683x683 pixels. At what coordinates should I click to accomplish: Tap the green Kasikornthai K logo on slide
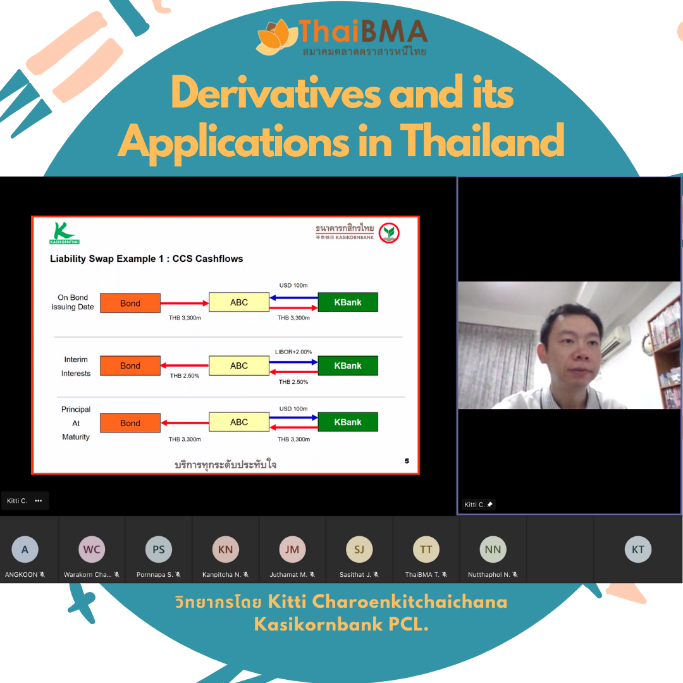point(64,233)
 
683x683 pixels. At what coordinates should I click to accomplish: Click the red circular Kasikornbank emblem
point(388,233)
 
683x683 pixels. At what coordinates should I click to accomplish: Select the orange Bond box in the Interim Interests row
point(130,366)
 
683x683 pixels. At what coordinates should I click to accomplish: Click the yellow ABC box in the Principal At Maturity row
point(239,422)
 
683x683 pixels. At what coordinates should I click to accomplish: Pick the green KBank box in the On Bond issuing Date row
point(348,302)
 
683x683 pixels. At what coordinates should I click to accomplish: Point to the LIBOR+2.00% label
point(293,352)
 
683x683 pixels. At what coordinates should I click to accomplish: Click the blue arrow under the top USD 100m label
point(293,298)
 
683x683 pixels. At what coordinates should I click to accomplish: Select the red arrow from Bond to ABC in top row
point(185,303)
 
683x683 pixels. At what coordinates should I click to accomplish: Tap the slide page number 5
point(407,461)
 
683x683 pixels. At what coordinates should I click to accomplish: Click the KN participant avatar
point(225,550)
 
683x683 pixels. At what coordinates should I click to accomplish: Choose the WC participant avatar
point(92,550)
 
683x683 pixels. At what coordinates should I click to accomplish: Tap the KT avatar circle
point(637,550)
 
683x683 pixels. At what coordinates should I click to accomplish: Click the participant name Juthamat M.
point(288,574)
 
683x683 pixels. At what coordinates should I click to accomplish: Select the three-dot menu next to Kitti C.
point(39,501)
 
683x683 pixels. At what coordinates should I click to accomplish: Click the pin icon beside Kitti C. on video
point(489,505)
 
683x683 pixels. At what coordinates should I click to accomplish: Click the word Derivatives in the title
point(276,93)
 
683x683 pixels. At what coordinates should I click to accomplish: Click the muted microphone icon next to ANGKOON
point(42,574)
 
